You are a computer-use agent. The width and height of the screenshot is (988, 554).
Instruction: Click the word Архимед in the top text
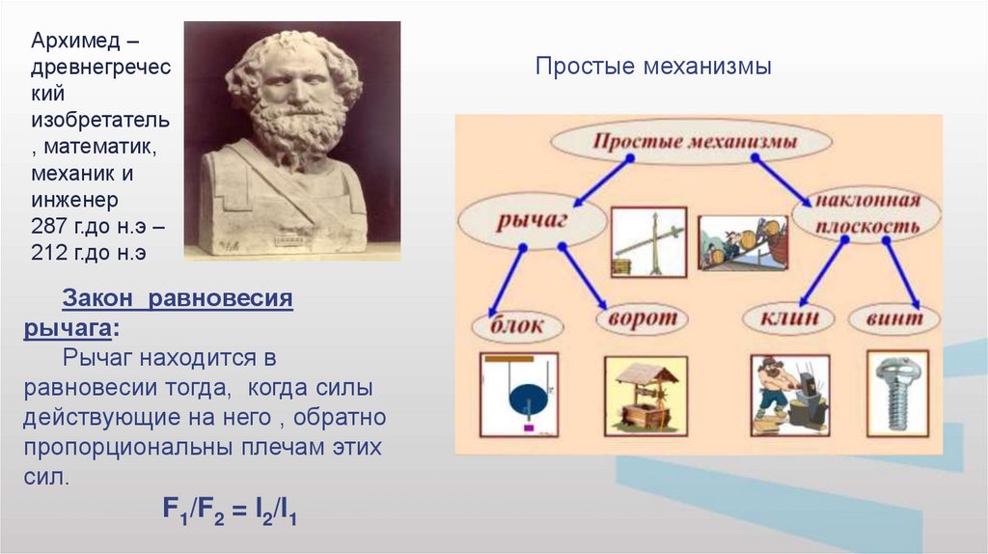pyautogui.click(x=75, y=41)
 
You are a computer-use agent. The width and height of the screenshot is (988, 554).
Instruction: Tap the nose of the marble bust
pyautogui.click(x=294, y=93)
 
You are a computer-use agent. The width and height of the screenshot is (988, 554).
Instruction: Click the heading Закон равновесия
pyautogui.click(x=178, y=297)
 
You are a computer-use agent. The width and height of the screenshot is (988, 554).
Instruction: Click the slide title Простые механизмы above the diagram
pyautogui.click(x=653, y=66)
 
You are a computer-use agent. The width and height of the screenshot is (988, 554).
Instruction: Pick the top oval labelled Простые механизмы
pyautogui.click(x=691, y=141)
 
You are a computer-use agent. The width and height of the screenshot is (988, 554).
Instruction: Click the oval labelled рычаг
pyautogui.click(x=532, y=221)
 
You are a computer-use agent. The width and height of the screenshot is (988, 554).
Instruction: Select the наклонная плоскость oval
pyautogui.click(x=866, y=214)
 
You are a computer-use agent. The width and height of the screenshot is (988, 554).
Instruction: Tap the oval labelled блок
pyautogui.click(x=517, y=326)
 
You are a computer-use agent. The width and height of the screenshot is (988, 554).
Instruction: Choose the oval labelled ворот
pyautogui.click(x=642, y=319)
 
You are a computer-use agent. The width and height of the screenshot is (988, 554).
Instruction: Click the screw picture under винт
pyautogui.click(x=898, y=394)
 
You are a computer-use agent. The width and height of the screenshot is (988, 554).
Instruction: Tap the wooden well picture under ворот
pyautogui.click(x=645, y=397)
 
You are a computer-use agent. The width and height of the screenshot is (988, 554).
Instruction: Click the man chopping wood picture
pyautogui.click(x=790, y=395)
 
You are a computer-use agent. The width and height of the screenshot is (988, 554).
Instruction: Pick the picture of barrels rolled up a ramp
pyautogui.click(x=744, y=242)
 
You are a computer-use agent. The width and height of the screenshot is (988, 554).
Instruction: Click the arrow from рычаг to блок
pyautogui.click(x=506, y=282)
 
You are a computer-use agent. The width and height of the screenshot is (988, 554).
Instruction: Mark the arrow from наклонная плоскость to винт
pyautogui.click(x=902, y=273)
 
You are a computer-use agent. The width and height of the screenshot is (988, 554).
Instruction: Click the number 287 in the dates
pyautogui.click(x=48, y=226)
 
